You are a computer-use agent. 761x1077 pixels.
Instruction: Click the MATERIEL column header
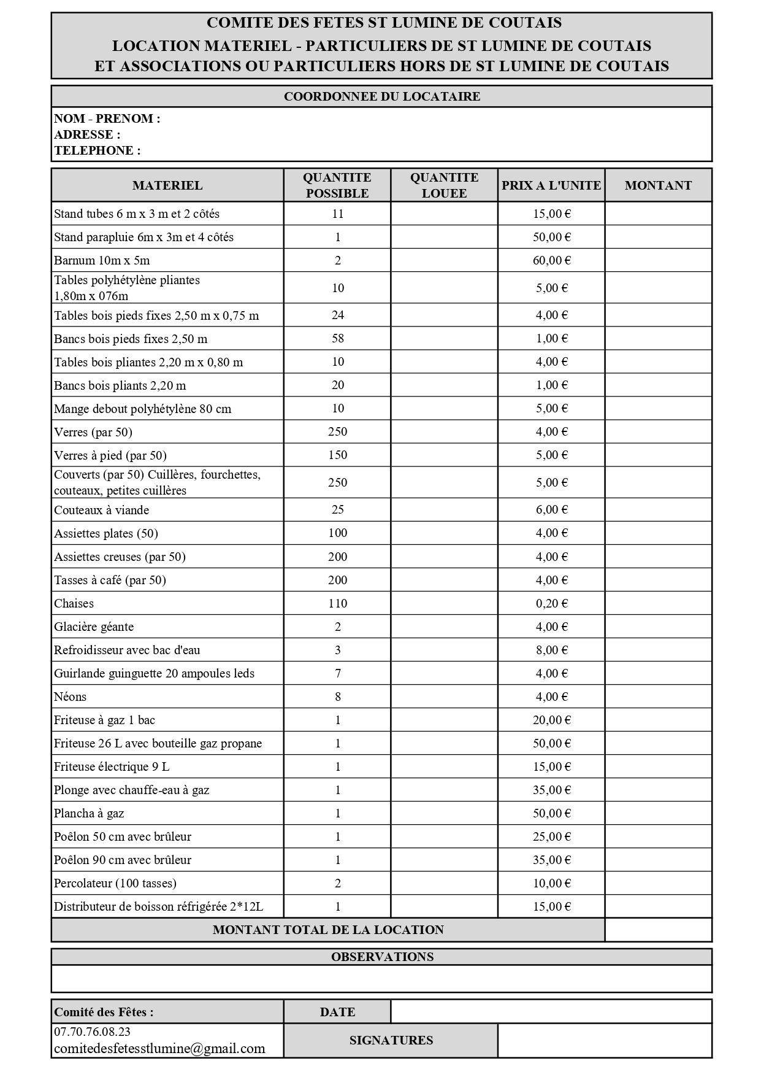tap(167, 185)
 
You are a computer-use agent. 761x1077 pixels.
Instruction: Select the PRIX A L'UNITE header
tap(551, 185)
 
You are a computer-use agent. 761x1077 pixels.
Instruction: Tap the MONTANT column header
tap(658, 185)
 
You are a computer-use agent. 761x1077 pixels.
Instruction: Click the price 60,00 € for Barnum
tap(551, 260)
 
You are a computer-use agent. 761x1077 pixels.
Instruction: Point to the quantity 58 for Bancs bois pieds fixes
tap(337, 338)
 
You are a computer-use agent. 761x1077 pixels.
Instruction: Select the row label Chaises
tap(74, 603)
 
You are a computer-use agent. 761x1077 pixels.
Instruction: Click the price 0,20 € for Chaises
tap(551, 603)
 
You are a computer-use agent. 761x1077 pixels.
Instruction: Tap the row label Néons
tap(71, 697)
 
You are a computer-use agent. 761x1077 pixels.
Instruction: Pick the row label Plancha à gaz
tap(89, 813)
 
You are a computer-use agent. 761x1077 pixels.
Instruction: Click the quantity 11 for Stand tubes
tap(337, 214)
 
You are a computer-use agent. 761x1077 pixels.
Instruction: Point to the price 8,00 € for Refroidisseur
tap(551, 650)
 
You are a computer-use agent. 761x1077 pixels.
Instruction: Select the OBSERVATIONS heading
tap(382, 957)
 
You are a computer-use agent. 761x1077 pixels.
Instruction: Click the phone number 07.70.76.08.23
tap(92, 1032)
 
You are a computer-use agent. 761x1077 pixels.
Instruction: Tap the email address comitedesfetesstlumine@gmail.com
tap(159, 1048)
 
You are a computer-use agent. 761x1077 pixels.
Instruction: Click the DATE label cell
tap(337, 1012)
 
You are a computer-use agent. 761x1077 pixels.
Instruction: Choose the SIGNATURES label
tap(391, 1040)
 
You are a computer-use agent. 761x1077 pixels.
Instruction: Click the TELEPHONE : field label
tap(97, 150)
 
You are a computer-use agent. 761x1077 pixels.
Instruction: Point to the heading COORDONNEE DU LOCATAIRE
tap(382, 96)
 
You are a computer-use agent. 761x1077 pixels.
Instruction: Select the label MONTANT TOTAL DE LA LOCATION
tap(328, 930)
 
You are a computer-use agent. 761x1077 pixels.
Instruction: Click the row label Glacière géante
tap(94, 627)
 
